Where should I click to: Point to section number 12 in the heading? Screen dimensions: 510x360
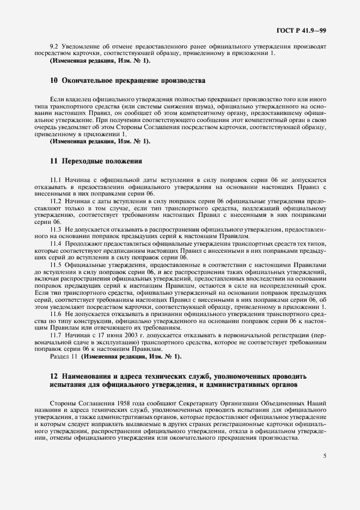point(53,376)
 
